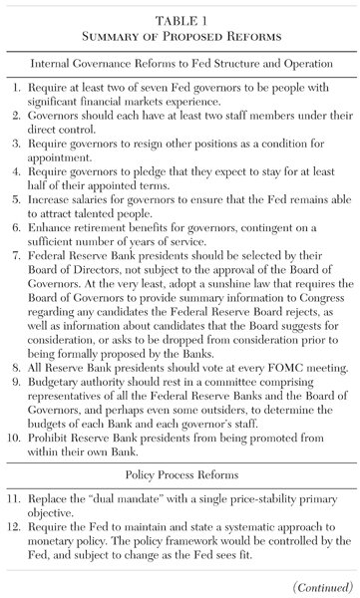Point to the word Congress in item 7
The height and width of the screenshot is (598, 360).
coord(295,309)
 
